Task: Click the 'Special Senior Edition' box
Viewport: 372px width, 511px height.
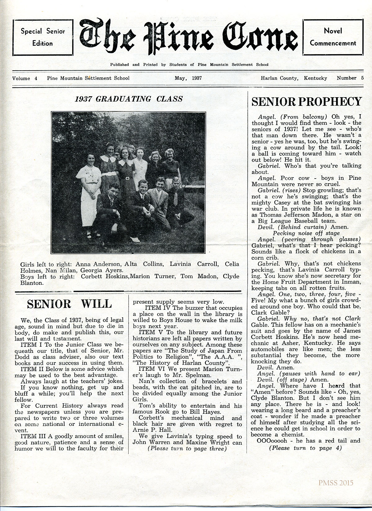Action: (42, 37)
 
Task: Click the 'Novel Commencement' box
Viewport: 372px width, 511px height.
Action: (333, 37)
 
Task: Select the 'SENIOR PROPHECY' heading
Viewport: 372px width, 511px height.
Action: (307, 102)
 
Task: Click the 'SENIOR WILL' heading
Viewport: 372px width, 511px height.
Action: (69, 304)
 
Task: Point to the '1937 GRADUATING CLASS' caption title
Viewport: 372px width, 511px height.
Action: (128, 99)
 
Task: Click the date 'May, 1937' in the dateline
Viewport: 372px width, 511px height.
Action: (188, 78)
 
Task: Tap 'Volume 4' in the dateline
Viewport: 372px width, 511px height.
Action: (25, 78)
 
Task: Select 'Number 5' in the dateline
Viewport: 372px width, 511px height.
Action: (350, 78)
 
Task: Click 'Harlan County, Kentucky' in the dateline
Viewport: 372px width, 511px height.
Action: (294, 78)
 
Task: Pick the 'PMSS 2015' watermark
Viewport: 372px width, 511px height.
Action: (335, 483)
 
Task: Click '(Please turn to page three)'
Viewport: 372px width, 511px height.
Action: (187, 448)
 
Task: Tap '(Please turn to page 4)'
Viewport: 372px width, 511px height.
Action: (306, 448)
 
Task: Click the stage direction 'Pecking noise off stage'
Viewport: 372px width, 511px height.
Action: (306, 233)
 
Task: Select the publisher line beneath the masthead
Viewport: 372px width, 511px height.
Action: (189, 65)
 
